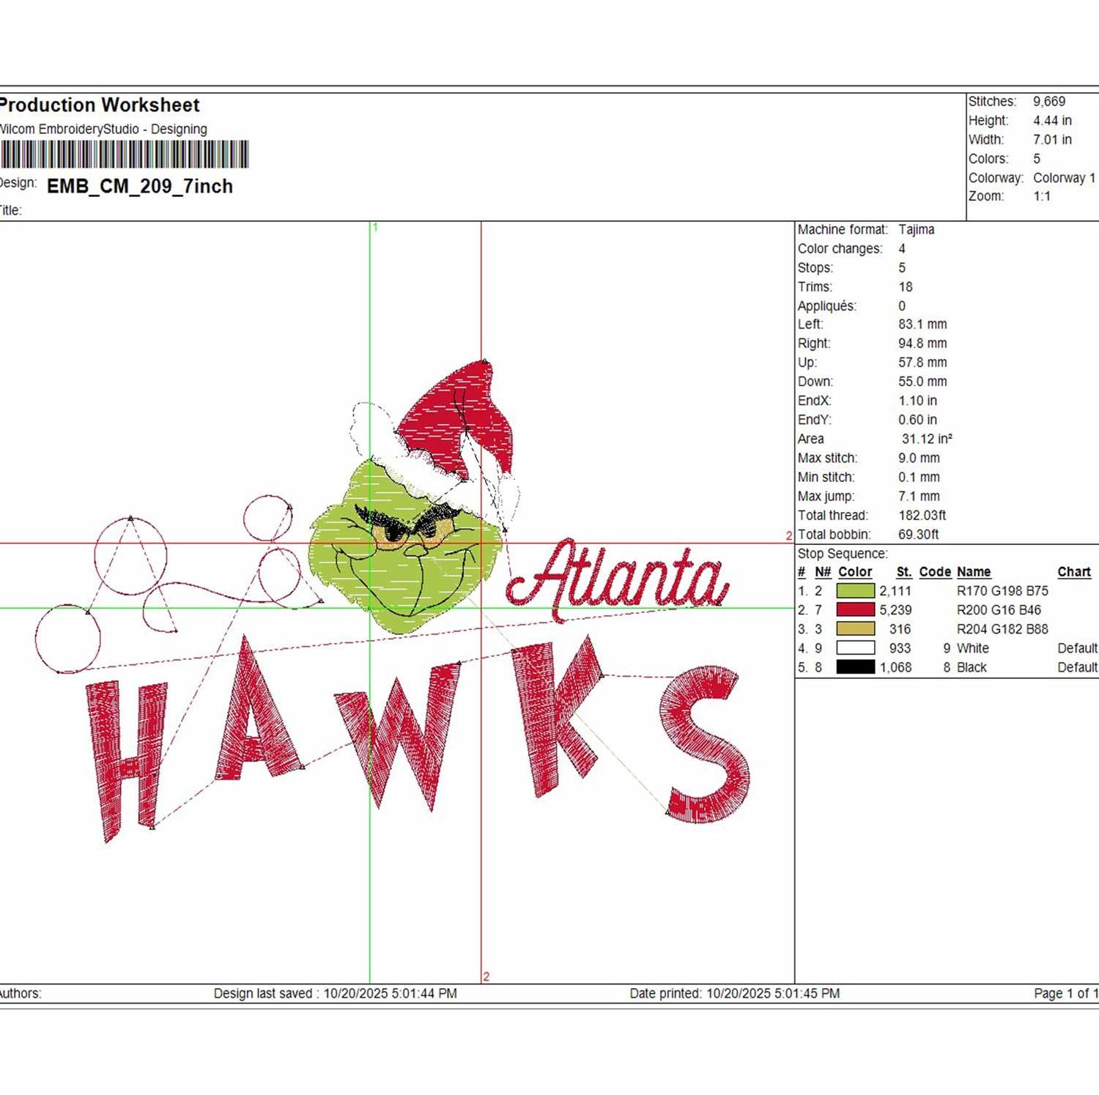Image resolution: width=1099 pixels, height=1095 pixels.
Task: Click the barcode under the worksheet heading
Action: click(125, 155)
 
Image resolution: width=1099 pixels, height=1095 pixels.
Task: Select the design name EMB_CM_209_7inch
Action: click(140, 186)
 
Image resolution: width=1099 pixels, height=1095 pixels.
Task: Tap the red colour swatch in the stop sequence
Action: click(855, 609)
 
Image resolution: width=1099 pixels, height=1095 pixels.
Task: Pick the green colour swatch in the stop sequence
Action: click(855, 590)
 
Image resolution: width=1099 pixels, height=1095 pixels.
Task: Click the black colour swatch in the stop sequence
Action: click(855, 667)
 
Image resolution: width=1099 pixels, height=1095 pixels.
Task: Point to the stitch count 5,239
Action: click(895, 610)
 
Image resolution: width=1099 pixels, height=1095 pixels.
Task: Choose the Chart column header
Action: click(1074, 571)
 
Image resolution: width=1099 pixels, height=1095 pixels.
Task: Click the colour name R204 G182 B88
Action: click(1002, 629)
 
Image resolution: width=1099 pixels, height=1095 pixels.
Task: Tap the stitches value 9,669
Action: click(1049, 102)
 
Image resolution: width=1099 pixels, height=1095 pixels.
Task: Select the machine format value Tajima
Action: click(917, 229)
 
